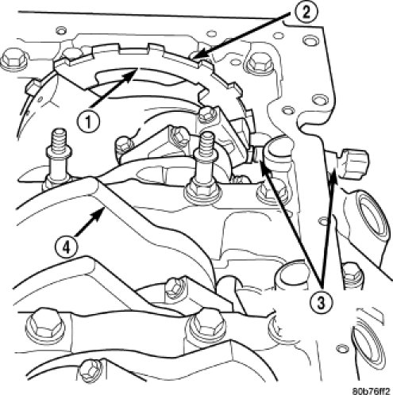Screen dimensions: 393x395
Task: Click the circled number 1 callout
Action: click(x=88, y=122)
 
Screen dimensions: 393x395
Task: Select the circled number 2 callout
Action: click(x=306, y=13)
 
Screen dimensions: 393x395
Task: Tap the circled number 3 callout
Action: click(x=321, y=301)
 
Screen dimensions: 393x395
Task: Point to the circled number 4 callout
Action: click(x=67, y=247)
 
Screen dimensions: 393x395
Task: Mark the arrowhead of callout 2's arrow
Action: click(x=196, y=54)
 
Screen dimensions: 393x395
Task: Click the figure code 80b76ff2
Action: click(x=371, y=391)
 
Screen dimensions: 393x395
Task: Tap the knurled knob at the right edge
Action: click(x=354, y=163)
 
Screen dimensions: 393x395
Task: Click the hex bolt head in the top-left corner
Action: click(x=13, y=61)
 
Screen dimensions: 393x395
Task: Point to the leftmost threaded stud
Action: click(x=57, y=159)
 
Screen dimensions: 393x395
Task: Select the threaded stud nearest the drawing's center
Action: click(x=204, y=169)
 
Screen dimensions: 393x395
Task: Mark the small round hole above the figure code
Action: click(x=341, y=348)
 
